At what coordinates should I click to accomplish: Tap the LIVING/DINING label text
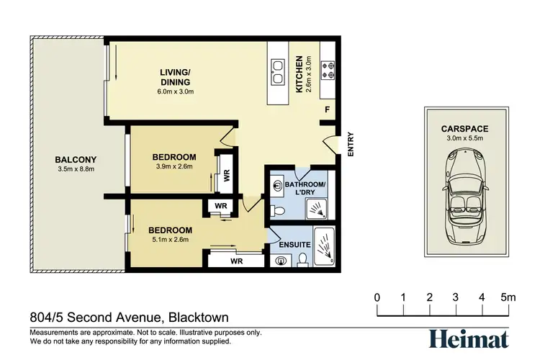click(176, 76)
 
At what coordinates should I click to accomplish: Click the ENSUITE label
click(294, 245)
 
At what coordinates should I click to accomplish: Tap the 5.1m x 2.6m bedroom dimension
click(171, 240)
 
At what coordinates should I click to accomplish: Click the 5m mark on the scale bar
click(509, 297)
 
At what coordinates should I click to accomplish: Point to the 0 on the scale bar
click(377, 297)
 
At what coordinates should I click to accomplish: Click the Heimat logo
click(469, 338)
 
